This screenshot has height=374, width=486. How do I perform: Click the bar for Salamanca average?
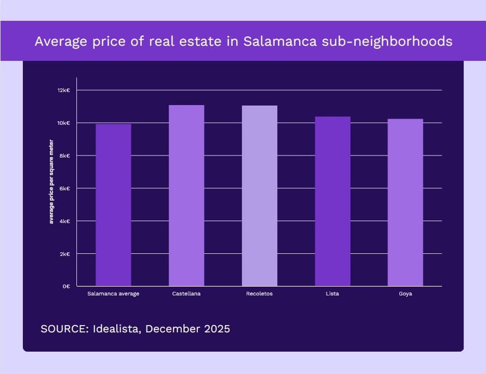pyautogui.click(x=113, y=205)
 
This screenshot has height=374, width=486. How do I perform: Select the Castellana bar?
pyautogui.click(x=186, y=196)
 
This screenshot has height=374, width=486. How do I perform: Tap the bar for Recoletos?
pyautogui.click(x=260, y=196)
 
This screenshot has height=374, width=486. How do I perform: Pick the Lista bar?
pyautogui.click(x=333, y=201)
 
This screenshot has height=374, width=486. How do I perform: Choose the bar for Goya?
pyautogui.click(x=406, y=202)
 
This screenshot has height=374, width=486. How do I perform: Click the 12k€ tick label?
pyautogui.click(x=63, y=91)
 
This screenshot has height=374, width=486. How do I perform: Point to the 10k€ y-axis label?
pyautogui.click(x=63, y=123)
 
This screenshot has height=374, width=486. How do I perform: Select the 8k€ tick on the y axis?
pyautogui.click(x=65, y=156)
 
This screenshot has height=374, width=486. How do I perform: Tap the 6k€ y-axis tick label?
pyautogui.click(x=65, y=188)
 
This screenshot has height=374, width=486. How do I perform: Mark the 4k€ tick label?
pyautogui.click(x=65, y=221)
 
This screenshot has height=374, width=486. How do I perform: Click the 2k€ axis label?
pyautogui.click(x=65, y=254)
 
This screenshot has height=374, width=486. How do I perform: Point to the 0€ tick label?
pyautogui.click(x=66, y=287)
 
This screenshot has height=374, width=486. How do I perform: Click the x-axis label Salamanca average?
pyautogui.click(x=113, y=294)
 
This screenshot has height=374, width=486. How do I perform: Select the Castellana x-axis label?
pyautogui.click(x=186, y=294)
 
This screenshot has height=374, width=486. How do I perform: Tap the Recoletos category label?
pyautogui.click(x=260, y=294)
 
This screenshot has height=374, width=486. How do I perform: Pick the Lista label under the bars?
pyautogui.click(x=333, y=294)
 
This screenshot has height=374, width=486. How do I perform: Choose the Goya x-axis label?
pyautogui.click(x=406, y=294)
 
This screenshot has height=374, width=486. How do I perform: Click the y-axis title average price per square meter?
pyautogui.click(x=51, y=182)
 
